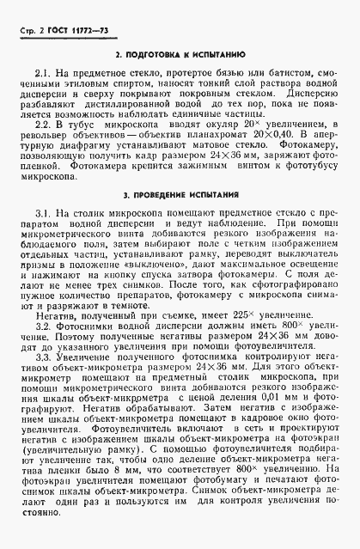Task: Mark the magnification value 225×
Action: pyautogui.click(x=205, y=314)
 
